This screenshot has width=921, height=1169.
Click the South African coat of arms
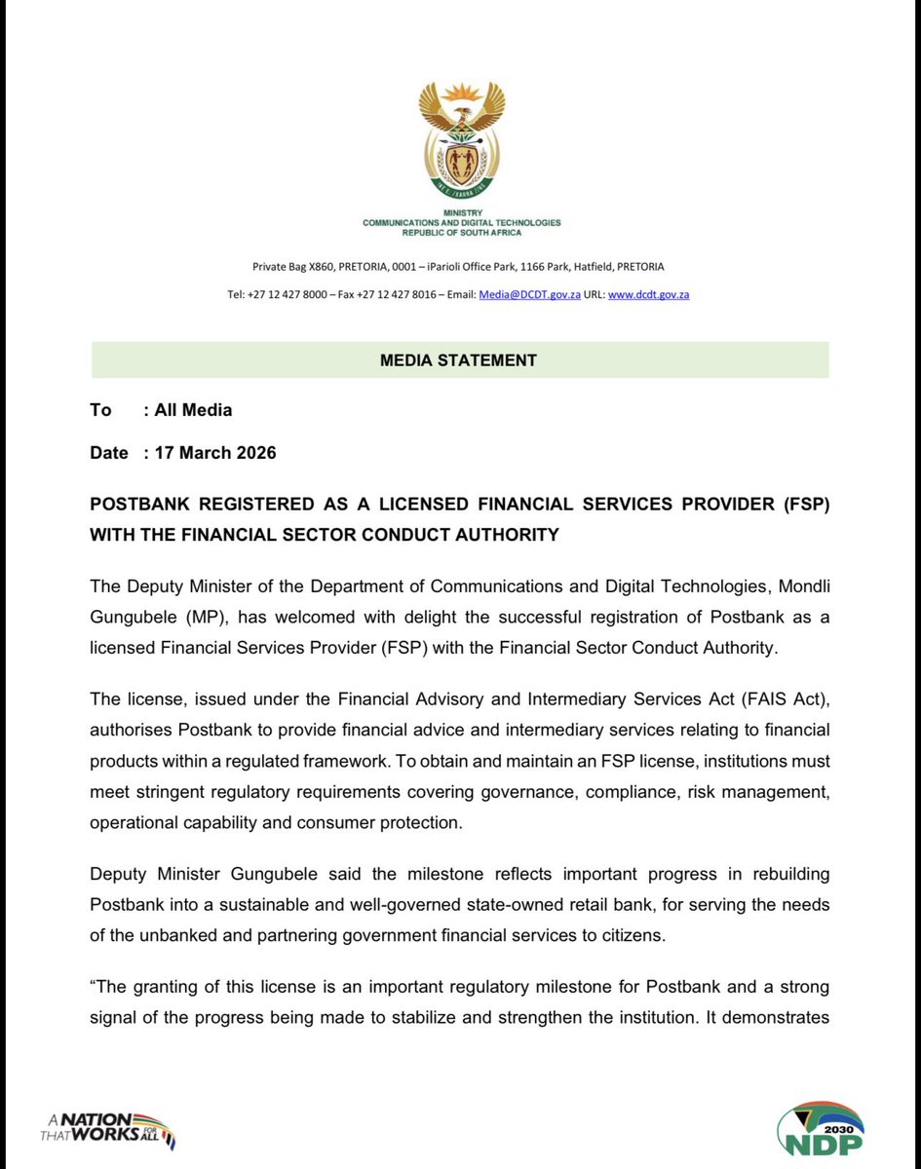pos(462,139)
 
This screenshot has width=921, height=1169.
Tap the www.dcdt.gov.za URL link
pos(648,294)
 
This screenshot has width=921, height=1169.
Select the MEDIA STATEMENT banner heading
pos(458,360)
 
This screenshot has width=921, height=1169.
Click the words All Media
pos(193,410)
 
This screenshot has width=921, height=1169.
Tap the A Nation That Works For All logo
pos(108,1128)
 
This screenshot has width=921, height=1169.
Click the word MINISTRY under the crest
pos(462,213)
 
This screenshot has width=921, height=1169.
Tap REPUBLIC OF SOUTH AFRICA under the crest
pos(462,233)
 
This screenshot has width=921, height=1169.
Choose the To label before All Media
pos(100,410)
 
